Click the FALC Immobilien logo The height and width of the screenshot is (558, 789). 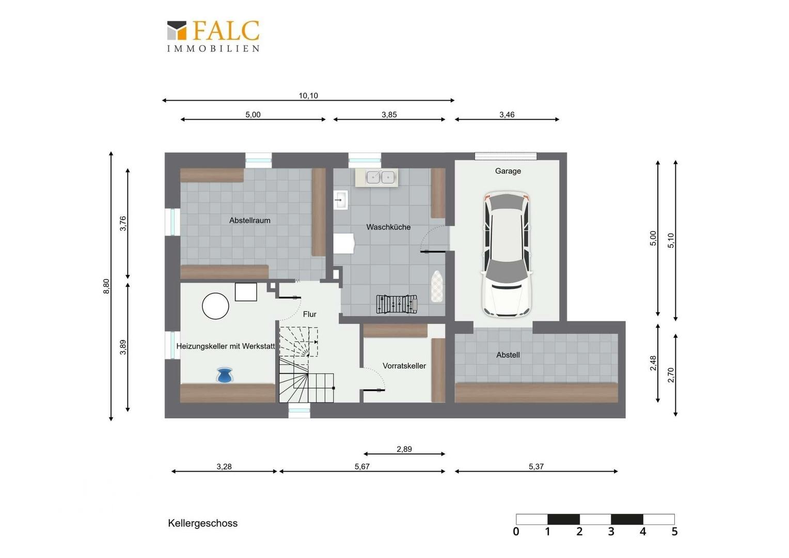click(x=213, y=36)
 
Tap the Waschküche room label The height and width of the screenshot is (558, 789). click(x=388, y=227)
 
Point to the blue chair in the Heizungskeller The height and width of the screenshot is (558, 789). click(x=225, y=375)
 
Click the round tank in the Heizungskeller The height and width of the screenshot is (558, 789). click(x=215, y=306)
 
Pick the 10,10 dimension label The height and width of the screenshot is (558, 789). click(x=308, y=96)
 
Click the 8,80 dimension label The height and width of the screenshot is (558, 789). click(x=106, y=286)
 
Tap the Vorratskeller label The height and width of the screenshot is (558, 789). click(x=404, y=366)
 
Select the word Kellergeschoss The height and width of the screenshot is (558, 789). click(x=202, y=523)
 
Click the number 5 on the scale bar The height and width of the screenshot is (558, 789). click(x=674, y=532)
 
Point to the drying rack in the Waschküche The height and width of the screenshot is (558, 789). click(x=397, y=304)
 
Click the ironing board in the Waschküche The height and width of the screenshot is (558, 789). click(x=437, y=286)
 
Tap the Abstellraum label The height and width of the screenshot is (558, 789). click(x=250, y=221)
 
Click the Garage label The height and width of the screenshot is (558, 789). click(x=508, y=172)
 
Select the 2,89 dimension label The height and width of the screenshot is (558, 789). click(x=404, y=449)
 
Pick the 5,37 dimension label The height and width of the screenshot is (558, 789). click(x=536, y=467)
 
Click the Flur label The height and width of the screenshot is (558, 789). click(x=310, y=315)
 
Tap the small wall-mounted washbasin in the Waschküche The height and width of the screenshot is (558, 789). click(x=341, y=200)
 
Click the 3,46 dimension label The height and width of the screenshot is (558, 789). click(x=507, y=115)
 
